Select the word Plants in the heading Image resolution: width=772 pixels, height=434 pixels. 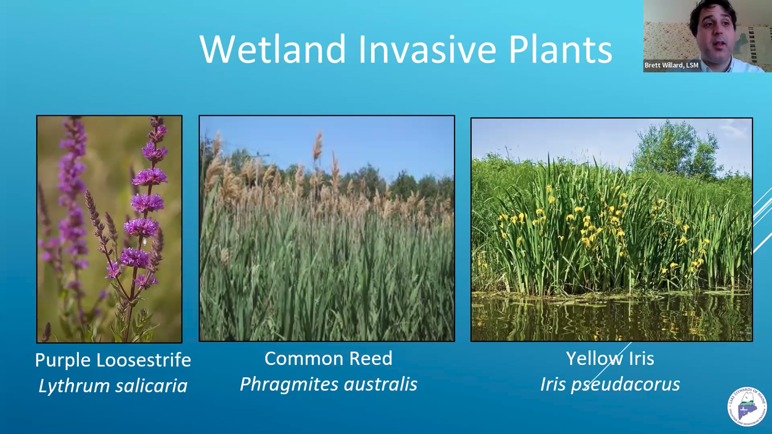[x=560, y=49]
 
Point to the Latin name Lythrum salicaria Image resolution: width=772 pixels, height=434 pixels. [x=113, y=386]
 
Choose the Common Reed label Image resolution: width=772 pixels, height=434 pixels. [x=328, y=358]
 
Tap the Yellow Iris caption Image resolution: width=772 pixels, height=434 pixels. [x=610, y=358]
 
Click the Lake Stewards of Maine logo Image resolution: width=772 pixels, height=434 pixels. [x=747, y=406]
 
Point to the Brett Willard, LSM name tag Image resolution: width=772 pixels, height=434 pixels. [x=671, y=65]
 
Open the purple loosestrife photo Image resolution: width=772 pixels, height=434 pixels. [x=109, y=229]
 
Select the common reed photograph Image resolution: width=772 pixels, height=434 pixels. [x=327, y=228]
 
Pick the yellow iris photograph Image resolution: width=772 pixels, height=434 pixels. [x=611, y=230]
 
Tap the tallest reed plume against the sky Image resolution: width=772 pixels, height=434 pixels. [x=318, y=146]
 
